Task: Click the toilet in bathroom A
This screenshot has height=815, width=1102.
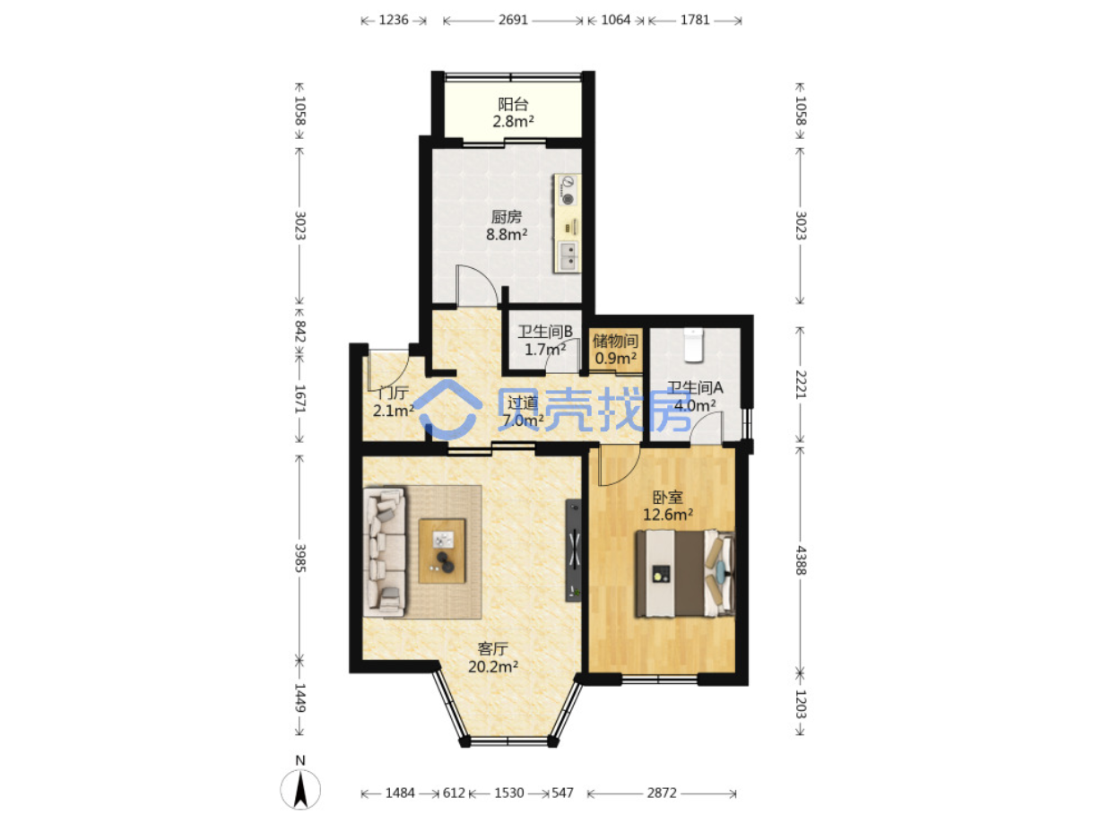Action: tap(692, 344)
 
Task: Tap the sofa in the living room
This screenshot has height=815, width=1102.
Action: tap(384, 552)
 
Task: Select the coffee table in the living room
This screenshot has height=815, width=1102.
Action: tap(442, 551)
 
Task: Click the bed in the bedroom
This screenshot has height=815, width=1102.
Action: tap(685, 574)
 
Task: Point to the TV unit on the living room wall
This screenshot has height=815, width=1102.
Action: tap(573, 551)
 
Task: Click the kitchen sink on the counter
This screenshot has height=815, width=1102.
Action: tap(568, 255)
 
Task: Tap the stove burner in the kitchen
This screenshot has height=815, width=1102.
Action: tap(567, 199)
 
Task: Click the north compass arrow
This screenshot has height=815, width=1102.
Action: tap(300, 789)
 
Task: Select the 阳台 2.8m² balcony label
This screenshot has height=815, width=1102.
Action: tap(513, 113)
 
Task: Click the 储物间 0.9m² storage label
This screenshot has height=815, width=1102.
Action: tap(615, 350)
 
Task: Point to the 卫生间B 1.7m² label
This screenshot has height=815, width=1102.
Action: tap(545, 341)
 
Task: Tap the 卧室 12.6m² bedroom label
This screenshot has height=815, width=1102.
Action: tap(668, 506)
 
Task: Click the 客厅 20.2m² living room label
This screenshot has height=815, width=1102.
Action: tap(493, 657)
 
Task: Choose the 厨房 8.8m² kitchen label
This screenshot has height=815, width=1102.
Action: tap(507, 226)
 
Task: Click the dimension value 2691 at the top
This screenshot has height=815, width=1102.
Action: tap(513, 20)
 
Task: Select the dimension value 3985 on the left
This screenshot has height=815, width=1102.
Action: tap(300, 558)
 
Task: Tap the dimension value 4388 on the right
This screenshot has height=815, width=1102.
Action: tap(801, 560)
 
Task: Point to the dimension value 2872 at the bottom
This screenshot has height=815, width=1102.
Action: tap(662, 793)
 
